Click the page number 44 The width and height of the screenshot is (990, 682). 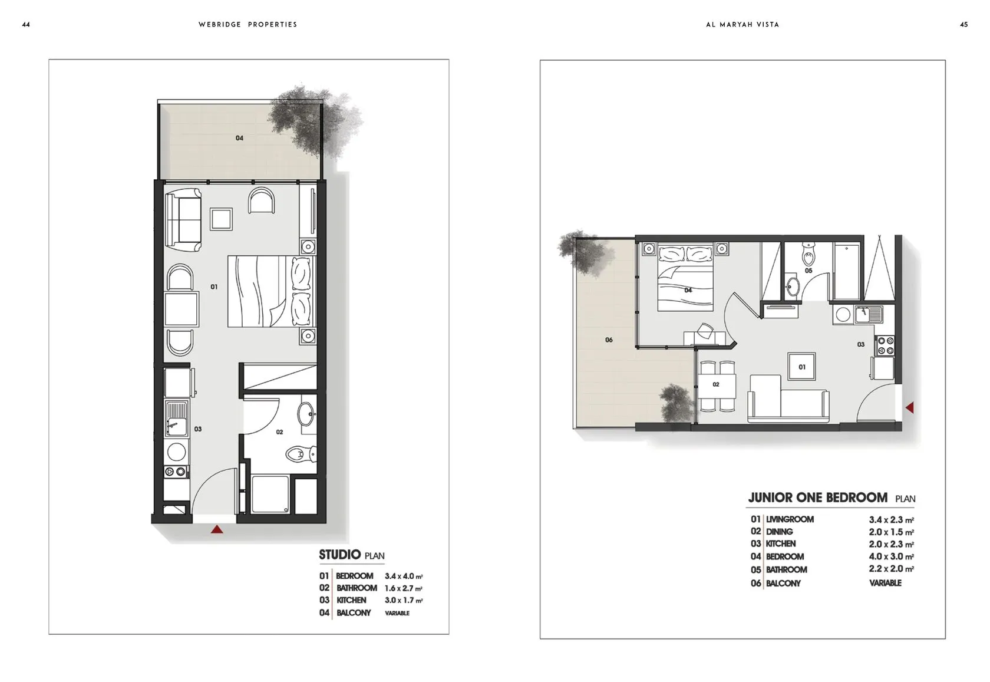(26, 25)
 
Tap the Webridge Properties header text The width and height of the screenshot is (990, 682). (248, 25)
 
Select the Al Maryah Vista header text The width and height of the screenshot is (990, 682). (742, 25)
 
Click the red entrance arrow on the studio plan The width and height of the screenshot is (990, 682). (217, 529)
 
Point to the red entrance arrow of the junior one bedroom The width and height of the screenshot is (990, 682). (910, 407)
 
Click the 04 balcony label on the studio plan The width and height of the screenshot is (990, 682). (239, 138)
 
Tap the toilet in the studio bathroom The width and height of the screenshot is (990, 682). (301, 453)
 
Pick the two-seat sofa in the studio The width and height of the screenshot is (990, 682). (183, 220)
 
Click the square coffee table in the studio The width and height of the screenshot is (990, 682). (221, 219)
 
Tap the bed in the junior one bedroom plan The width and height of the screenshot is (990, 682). (685, 277)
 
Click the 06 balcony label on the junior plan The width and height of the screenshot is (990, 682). (609, 340)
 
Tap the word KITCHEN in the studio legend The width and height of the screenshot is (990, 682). (351, 600)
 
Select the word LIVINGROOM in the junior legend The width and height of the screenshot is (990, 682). (790, 519)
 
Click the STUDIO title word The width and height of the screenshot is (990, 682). (339, 555)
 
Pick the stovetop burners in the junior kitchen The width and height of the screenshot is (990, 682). (885, 345)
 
